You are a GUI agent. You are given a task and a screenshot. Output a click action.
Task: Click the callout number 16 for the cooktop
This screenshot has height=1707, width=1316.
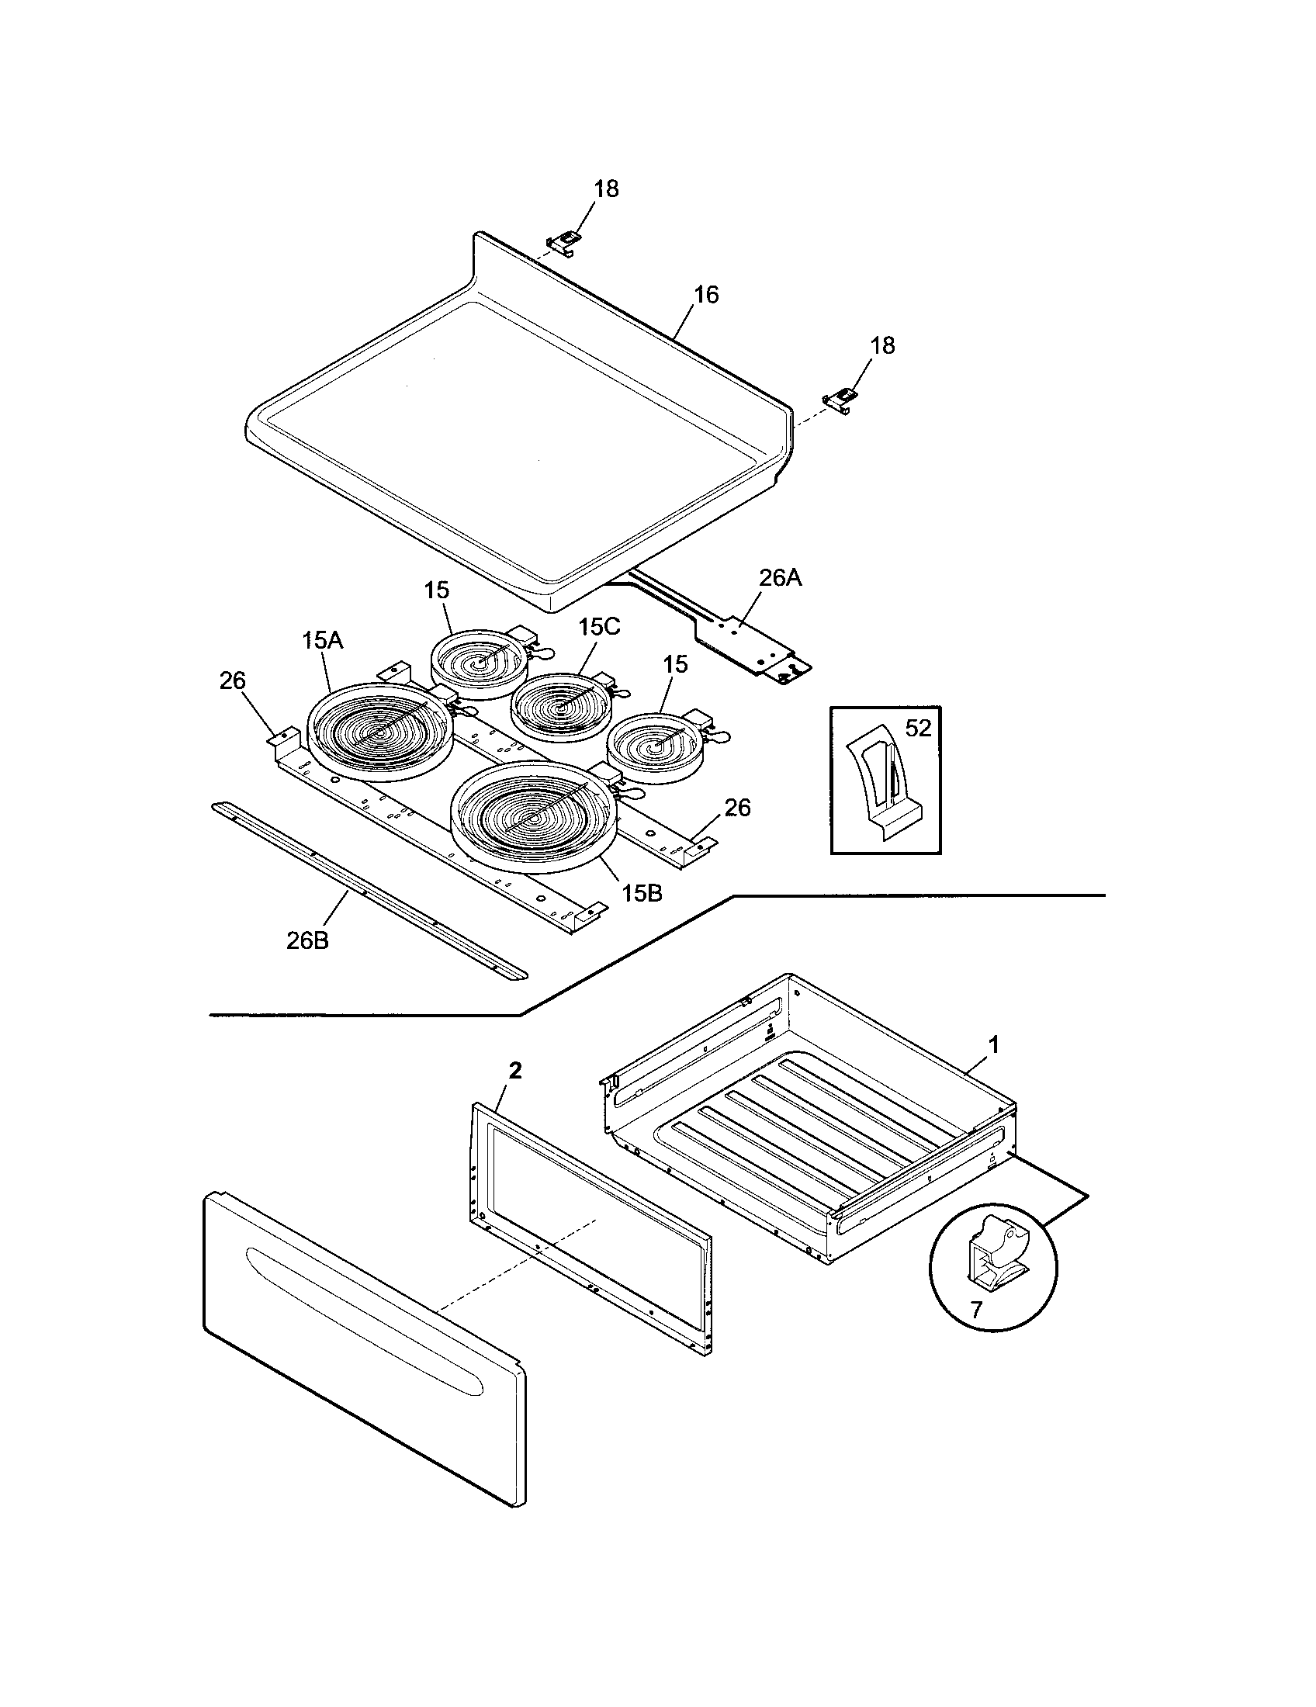coord(705,296)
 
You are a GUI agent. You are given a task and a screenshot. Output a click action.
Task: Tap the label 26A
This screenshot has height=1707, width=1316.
coord(780,577)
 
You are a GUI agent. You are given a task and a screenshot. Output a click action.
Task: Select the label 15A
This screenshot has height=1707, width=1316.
coord(322,641)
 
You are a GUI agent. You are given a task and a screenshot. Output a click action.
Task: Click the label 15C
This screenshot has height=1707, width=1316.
coord(599,627)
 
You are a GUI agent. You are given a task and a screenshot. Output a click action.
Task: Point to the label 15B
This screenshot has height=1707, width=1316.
coord(642,893)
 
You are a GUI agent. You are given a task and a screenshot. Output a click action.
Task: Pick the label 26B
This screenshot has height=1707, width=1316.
coord(307,940)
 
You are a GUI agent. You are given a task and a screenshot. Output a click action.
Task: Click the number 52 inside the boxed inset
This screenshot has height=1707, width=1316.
coord(918,729)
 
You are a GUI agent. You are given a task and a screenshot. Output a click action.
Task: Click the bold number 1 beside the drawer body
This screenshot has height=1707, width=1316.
coord(994,1044)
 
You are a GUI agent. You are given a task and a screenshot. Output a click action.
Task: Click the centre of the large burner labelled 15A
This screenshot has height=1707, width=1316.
coord(380,732)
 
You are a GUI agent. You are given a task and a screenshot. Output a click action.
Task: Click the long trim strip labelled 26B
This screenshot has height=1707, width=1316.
coord(367,888)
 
